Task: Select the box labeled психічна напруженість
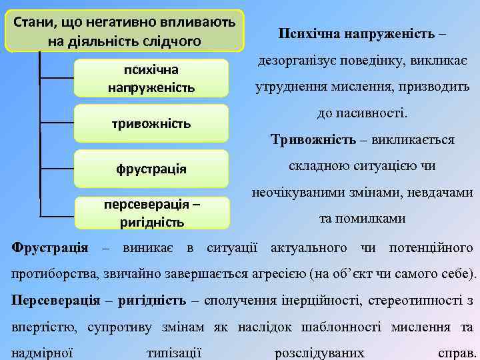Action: pyautogui.click(x=151, y=78)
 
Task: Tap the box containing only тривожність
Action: pyautogui.click(x=151, y=123)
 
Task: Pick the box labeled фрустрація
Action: pyautogui.click(x=151, y=168)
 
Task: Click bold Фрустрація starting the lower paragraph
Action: pyautogui.click(x=50, y=248)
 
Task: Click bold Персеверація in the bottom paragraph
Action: pyautogui.click(x=56, y=300)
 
